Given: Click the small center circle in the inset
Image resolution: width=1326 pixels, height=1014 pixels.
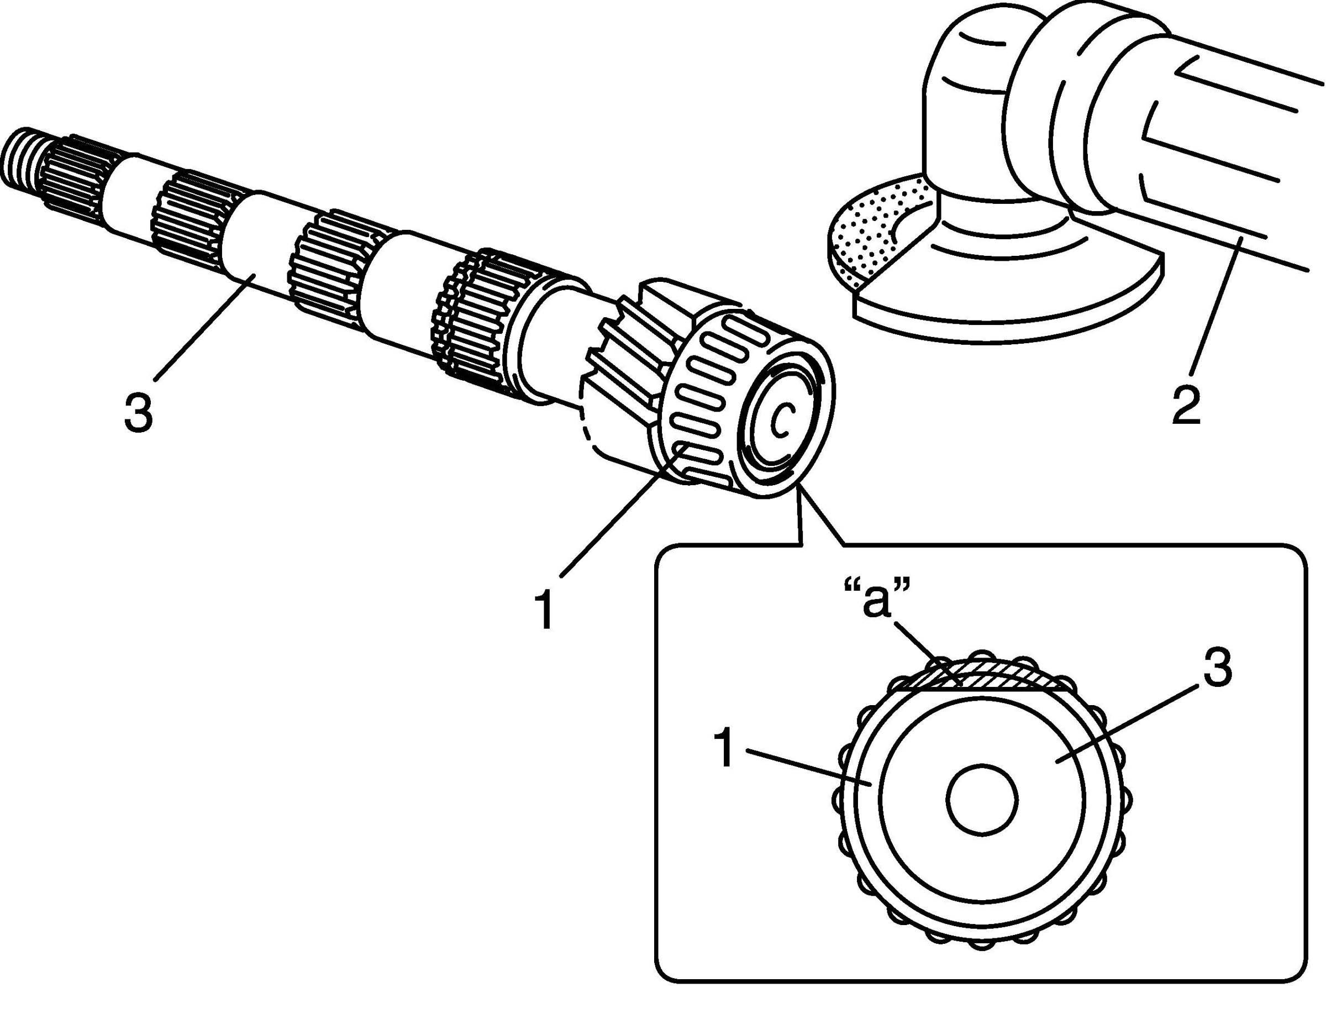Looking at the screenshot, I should coord(982,800).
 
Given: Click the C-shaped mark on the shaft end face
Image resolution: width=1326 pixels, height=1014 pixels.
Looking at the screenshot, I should coord(781,418).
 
